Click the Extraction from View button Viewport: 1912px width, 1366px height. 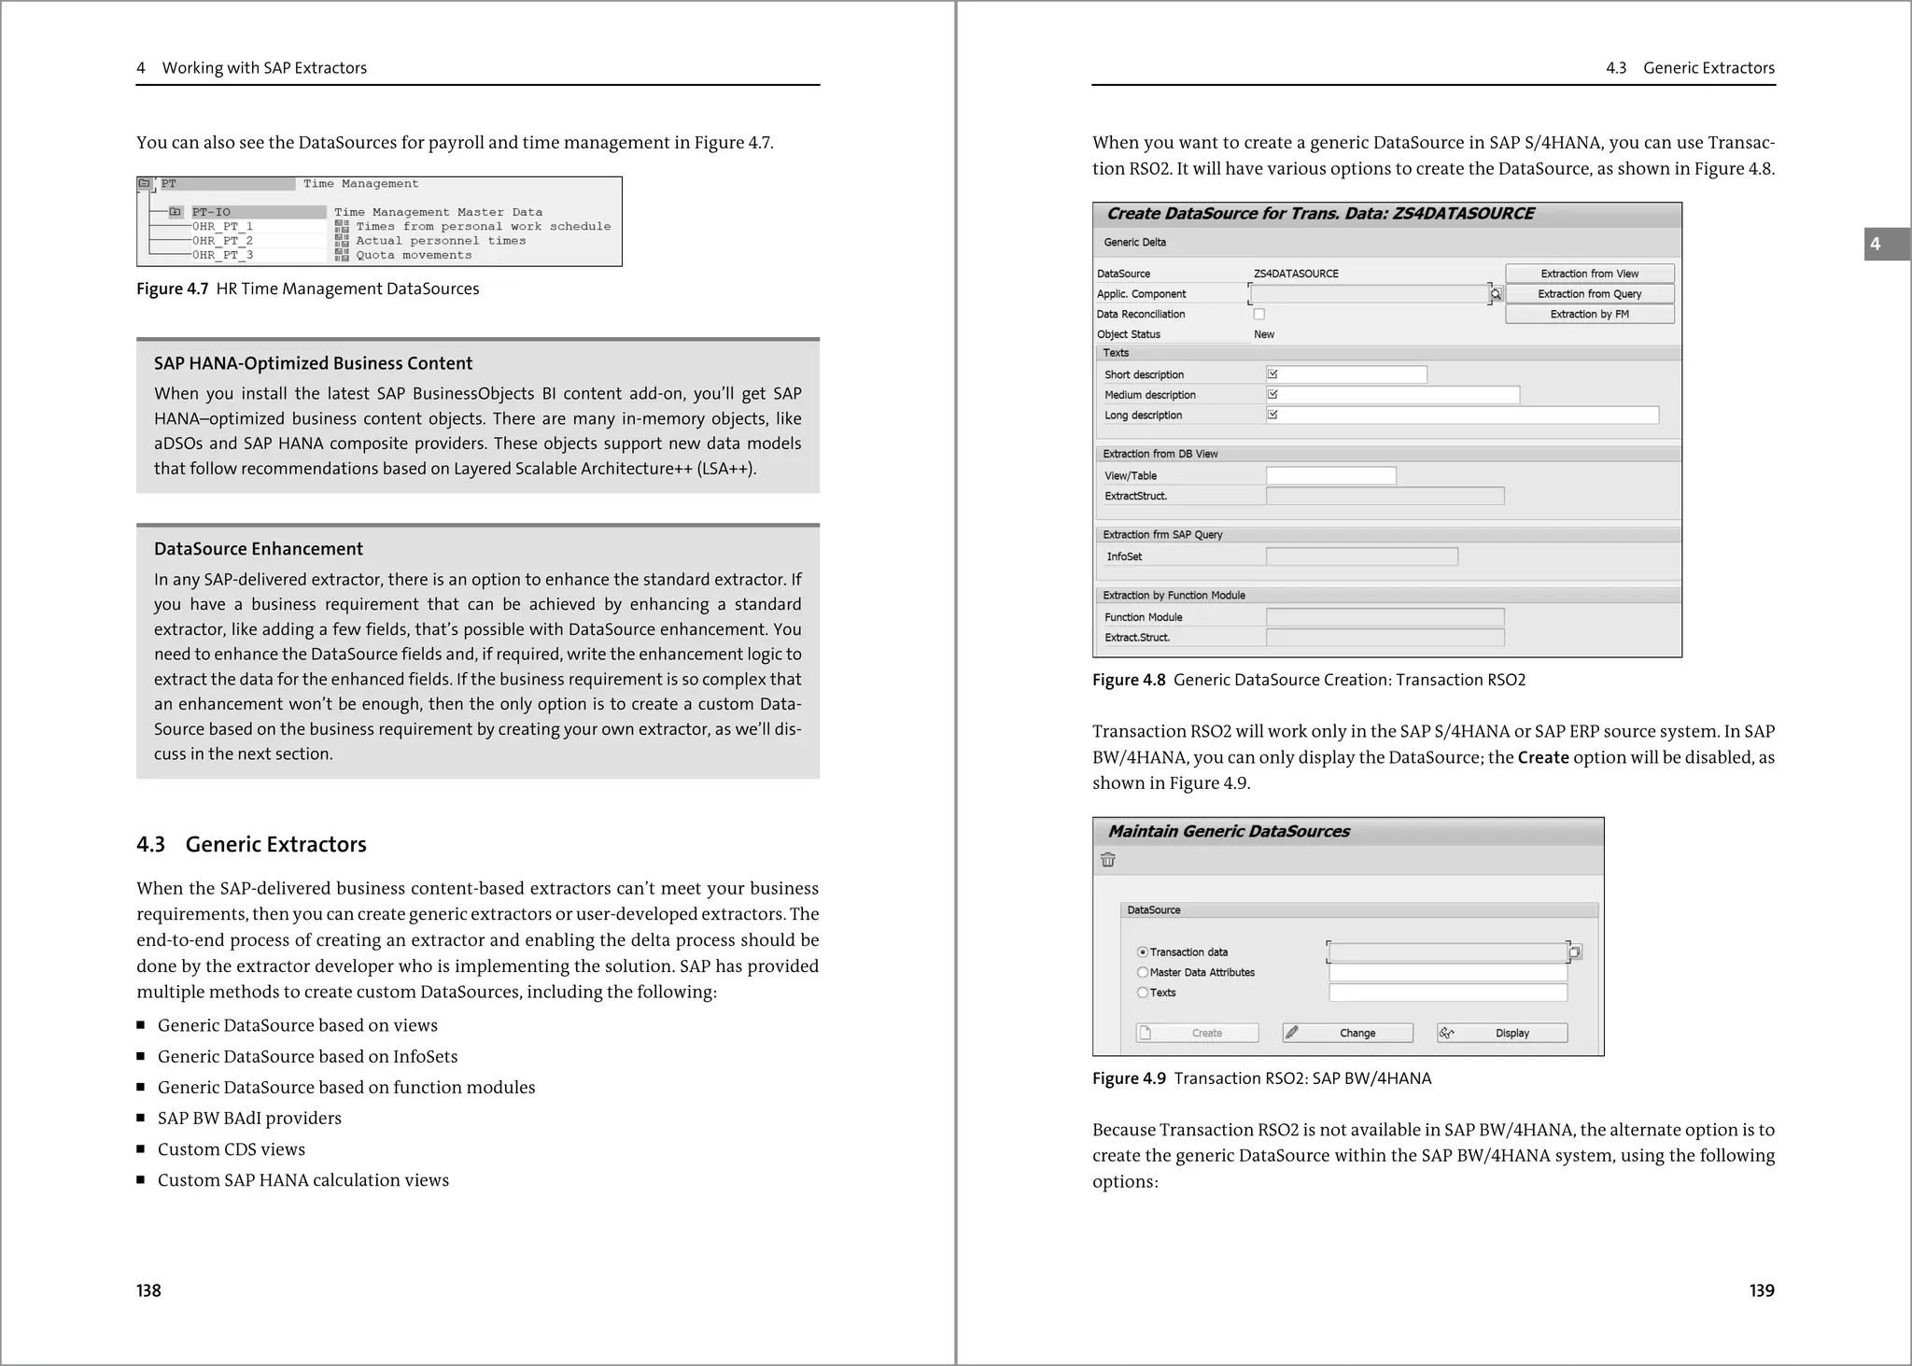click(1589, 274)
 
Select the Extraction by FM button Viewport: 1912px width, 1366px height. click(1589, 315)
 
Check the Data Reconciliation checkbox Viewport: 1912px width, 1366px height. click(1259, 315)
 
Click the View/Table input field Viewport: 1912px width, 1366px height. click(1330, 476)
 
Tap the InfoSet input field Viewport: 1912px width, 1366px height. click(1361, 557)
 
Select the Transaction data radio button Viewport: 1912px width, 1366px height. click(1143, 952)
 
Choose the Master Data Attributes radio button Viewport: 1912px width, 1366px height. click(1143, 973)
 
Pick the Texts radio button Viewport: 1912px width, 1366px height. click(1143, 993)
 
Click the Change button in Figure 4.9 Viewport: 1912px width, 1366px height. click(1347, 1034)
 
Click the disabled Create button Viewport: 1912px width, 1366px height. click(1197, 1034)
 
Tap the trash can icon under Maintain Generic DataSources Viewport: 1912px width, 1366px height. click(1108, 861)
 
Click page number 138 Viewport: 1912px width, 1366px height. click(148, 1290)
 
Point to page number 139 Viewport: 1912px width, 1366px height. click(1761, 1290)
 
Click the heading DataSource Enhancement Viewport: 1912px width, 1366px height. click(259, 549)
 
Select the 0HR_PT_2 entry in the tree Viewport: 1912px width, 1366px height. click(222, 241)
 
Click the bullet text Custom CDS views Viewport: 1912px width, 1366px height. click(231, 1149)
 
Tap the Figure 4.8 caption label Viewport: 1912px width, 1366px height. click(1129, 680)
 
